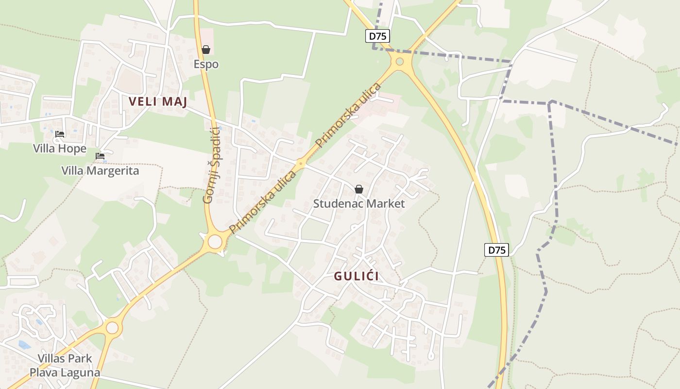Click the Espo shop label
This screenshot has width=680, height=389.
coord(206,64)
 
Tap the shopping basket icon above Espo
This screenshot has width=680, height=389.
coord(206,50)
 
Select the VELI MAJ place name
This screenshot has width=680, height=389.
coord(158,102)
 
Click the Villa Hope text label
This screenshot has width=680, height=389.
coord(60,149)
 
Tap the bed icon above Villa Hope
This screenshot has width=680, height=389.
coord(60,134)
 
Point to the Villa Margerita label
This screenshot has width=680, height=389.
coord(100,171)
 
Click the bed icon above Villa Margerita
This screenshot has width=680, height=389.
coord(100,156)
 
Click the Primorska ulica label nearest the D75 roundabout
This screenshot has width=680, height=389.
coord(349,115)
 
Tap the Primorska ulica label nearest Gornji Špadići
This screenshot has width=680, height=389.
coord(263,201)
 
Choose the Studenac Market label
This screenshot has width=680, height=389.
coord(358,203)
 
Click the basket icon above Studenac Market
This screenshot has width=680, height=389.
coord(358,189)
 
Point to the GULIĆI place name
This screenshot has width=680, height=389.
coord(357,276)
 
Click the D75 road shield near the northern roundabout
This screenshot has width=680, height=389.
coord(377,36)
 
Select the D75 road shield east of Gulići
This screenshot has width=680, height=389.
coord(496,250)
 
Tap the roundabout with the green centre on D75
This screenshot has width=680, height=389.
coord(400,62)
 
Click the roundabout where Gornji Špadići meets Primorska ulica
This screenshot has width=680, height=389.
coord(215,241)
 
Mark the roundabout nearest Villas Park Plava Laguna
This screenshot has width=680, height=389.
coord(112,328)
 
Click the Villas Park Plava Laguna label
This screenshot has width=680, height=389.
coord(65,366)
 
